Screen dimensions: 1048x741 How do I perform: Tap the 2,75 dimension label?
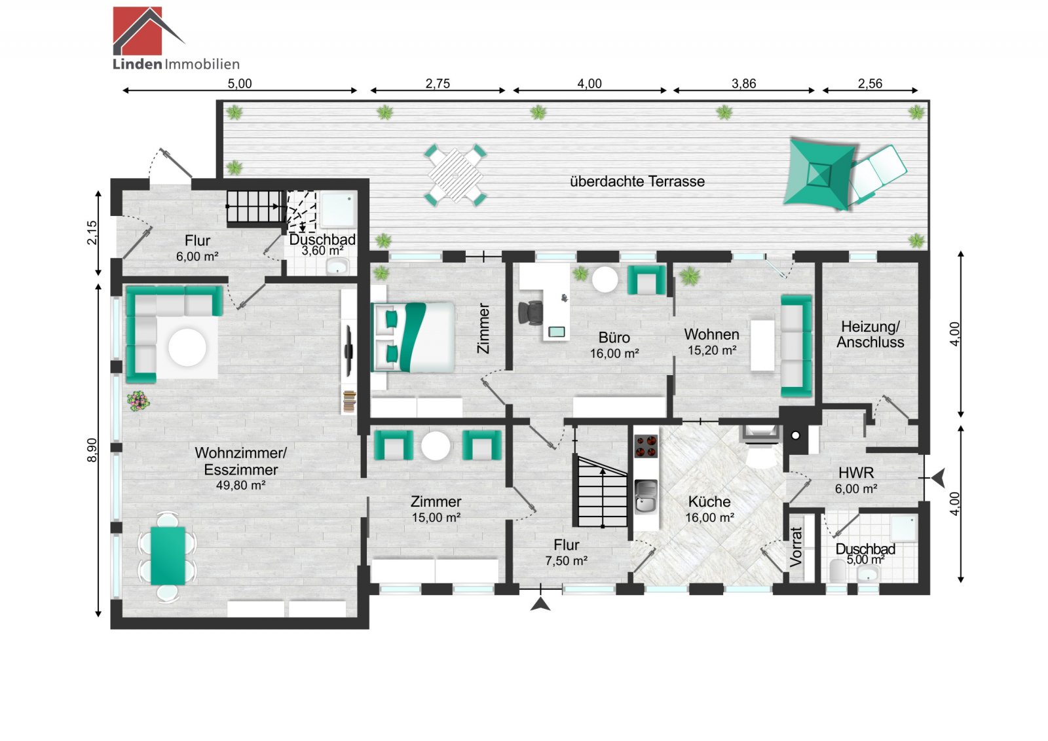(x=438, y=84)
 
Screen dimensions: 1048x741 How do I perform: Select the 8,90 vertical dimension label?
(x=92, y=450)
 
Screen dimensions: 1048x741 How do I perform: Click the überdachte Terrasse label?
(x=637, y=181)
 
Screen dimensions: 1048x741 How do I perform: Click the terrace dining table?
(x=455, y=175)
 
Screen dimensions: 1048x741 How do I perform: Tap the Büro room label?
(x=614, y=338)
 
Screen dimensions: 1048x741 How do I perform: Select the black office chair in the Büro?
(x=531, y=312)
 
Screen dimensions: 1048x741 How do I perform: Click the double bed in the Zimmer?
(x=413, y=337)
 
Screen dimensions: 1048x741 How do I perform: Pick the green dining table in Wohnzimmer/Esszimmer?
(x=168, y=555)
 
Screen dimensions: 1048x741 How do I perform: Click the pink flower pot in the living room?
(x=138, y=401)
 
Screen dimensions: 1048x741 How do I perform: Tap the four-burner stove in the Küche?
(x=646, y=446)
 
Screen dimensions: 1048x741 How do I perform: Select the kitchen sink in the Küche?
(x=646, y=496)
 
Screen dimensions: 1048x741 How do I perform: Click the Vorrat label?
(x=796, y=547)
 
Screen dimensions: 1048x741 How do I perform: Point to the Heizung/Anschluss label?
(x=870, y=334)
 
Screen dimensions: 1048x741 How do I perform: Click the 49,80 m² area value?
(x=240, y=485)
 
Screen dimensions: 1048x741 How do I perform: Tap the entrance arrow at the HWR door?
(x=939, y=478)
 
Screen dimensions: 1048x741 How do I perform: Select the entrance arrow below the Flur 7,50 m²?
(x=540, y=604)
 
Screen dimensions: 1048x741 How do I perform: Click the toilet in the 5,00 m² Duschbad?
(x=838, y=571)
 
